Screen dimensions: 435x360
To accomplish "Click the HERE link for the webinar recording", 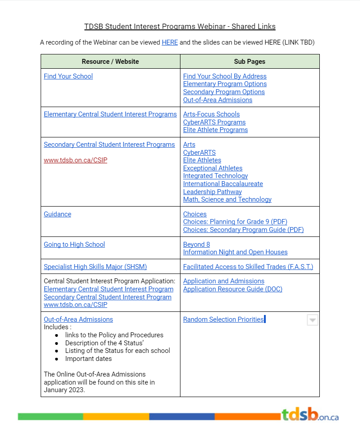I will pos(170,42).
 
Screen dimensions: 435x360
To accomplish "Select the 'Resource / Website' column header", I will pos(110,62).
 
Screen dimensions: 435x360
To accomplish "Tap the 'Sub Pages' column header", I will pos(250,62).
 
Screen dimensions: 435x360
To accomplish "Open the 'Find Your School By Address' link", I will pos(225,76).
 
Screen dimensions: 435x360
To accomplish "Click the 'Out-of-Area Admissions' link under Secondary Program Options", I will pos(218,100).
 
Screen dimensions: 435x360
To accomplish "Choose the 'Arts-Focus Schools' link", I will pos(211,114).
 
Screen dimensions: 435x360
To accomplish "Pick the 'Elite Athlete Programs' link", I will pos(215,130).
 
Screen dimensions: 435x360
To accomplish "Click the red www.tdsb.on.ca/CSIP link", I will pos(75,160).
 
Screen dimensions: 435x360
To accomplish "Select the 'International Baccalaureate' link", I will pos(223,184).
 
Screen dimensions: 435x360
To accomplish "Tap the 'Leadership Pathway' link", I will pos(213,192).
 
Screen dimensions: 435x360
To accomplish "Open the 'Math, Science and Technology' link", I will pos(227,199).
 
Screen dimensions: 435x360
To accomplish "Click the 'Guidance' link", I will pos(58,214).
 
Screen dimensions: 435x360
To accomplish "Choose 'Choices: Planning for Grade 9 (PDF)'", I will pos(235,222).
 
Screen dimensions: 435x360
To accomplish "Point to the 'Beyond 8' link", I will pos(197,244).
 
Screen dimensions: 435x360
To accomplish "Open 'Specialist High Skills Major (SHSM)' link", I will pos(95,267).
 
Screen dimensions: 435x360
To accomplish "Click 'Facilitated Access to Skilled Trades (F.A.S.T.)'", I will pos(248,267).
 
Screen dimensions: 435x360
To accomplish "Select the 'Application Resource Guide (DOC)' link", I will pos(233,289).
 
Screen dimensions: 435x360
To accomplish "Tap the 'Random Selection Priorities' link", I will pos(223,319).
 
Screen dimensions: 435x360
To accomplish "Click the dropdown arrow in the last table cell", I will pos(313,320).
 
